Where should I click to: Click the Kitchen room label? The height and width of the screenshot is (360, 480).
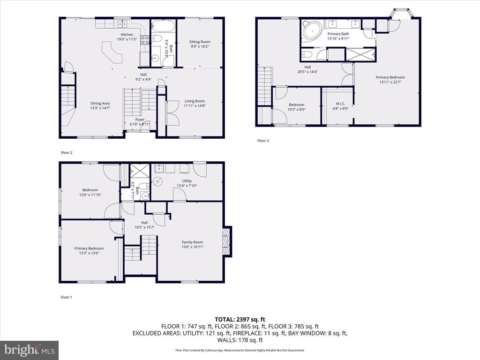[x=127, y=35]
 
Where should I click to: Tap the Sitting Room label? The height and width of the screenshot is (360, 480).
[x=200, y=42]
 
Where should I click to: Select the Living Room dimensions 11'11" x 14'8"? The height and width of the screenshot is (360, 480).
[x=195, y=106]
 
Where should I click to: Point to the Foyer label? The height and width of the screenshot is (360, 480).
[x=140, y=120]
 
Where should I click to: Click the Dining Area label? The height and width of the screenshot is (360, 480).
[x=100, y=104]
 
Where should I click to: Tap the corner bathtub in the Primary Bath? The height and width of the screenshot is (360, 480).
[x=312, y=30]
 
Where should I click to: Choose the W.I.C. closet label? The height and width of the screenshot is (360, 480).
[x=340, y=104]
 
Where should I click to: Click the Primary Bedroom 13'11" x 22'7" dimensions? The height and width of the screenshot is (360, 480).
[x=390, y=82]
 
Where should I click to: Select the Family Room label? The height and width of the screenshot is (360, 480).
[x=192, y=242]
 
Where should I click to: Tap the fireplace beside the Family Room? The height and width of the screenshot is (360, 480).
[x=226, y=241]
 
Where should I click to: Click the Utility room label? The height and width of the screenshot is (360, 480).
[x=187, y=181]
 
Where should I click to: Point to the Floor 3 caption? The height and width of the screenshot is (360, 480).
[x=263, y=141]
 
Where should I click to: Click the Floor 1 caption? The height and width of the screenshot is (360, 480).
[x=67, y=297]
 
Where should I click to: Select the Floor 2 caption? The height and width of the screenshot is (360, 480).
[x=67, y=153]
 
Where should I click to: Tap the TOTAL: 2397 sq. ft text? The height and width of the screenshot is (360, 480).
[x=240, y=320]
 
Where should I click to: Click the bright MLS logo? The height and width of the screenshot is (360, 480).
[x=30, y=350]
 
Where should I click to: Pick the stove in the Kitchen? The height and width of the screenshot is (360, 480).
[x=145, y=40]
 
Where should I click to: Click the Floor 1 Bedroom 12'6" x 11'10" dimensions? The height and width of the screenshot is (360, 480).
[x=90, y=195]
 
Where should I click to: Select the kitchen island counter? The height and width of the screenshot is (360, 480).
[x=112, y=52]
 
